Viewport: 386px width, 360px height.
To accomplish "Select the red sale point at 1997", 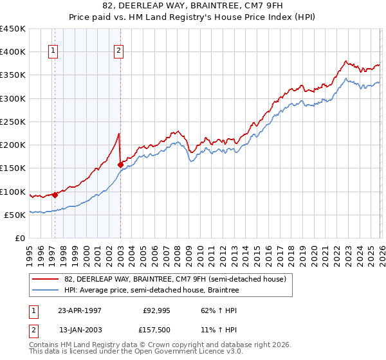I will coord(55,195).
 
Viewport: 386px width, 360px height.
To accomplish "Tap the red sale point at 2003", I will coord(120,165).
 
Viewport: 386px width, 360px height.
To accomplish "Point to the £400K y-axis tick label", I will coord(13,52).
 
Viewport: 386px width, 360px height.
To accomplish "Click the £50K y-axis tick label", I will coord(15,215).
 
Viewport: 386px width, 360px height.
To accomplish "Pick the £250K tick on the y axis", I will coord(13,122).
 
